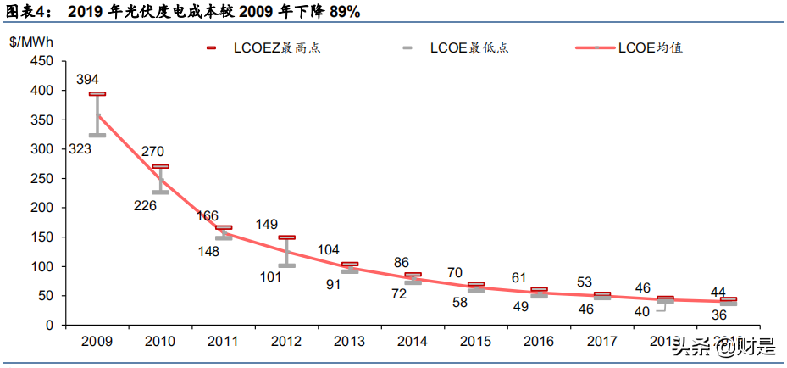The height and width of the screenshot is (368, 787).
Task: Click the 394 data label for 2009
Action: pyautogui.click(x=87, y=79)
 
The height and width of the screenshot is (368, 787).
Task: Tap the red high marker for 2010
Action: pyautogui.click(x=160, y=167)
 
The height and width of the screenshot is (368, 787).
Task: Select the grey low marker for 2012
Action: pyautogui.click(x=287, y=265)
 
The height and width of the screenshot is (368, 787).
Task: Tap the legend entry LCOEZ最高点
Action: pyautogui.click(x=276, y=47)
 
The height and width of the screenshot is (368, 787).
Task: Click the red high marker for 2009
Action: pyautogui.click(x=97, y=94)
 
